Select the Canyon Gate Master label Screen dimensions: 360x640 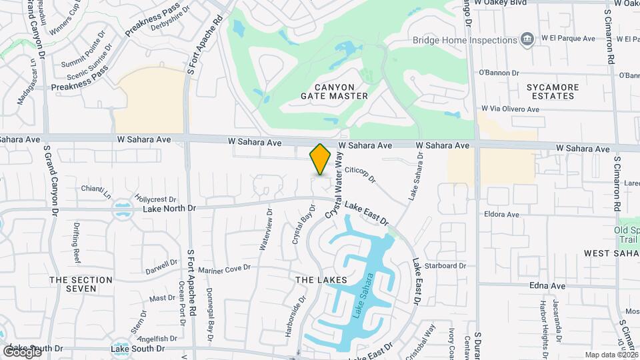click(334, 91)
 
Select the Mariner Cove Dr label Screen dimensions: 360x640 click(224, 268)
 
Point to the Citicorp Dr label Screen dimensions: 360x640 click(361, 175)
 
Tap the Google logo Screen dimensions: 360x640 click(22, 351)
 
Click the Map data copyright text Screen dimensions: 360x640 click(611, 355)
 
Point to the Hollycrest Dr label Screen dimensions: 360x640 click(155, 199)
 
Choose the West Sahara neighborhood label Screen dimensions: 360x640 click(611, 253)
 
